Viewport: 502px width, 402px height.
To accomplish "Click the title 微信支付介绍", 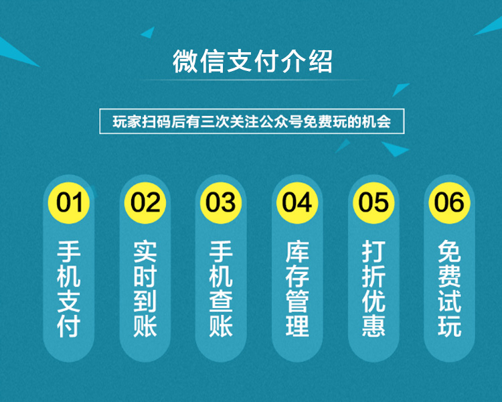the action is [x=252, y=61].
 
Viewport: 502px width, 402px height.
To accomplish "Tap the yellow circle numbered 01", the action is [x=69, y=202].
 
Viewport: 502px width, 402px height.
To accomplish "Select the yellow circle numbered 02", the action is [x=145, y=202].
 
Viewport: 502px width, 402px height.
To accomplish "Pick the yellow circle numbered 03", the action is [x=221, y=202].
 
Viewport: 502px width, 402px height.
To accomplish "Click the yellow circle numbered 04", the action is [x=297, y=202].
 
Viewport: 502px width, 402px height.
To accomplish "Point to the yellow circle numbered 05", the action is [x=373, y=202].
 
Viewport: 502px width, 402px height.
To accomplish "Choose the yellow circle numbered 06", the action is [x=449, y=202].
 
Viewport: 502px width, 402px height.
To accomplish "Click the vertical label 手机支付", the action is [x=68, y=289].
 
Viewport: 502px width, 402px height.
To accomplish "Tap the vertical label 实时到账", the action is [x=145, y=289].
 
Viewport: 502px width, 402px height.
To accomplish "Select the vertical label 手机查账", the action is [x=221, y=289].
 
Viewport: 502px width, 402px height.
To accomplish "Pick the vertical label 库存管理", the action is [x=297, y=289].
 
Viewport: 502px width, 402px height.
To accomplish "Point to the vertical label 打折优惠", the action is [x=373, y=289].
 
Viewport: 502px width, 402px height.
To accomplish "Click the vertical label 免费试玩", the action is [x=450, y=289].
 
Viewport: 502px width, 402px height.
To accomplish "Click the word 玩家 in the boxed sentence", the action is [x=127, y=122].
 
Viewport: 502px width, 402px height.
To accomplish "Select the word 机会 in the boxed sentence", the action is [x=377, y=122].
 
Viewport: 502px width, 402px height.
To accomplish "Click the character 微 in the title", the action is [x=185, y=61].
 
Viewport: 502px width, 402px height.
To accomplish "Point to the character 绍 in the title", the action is [x=320, y=61].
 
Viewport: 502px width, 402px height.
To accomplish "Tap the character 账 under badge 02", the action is [x=145, y=326].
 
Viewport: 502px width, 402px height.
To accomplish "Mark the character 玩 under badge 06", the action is [x=450, y=326].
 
